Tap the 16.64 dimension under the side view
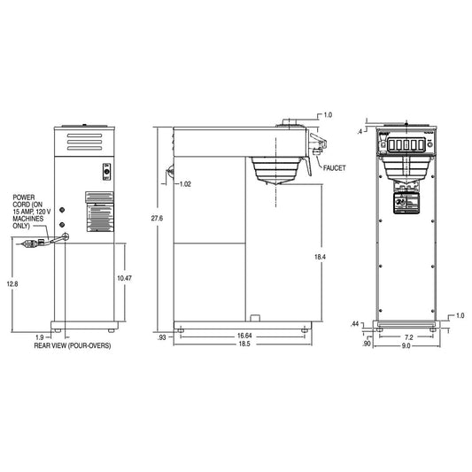pos(244,336)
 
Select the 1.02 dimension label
pos(185,184)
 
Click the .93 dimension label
pos(160,337)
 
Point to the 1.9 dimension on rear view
pos(39,337)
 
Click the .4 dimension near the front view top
pos(360,131)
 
